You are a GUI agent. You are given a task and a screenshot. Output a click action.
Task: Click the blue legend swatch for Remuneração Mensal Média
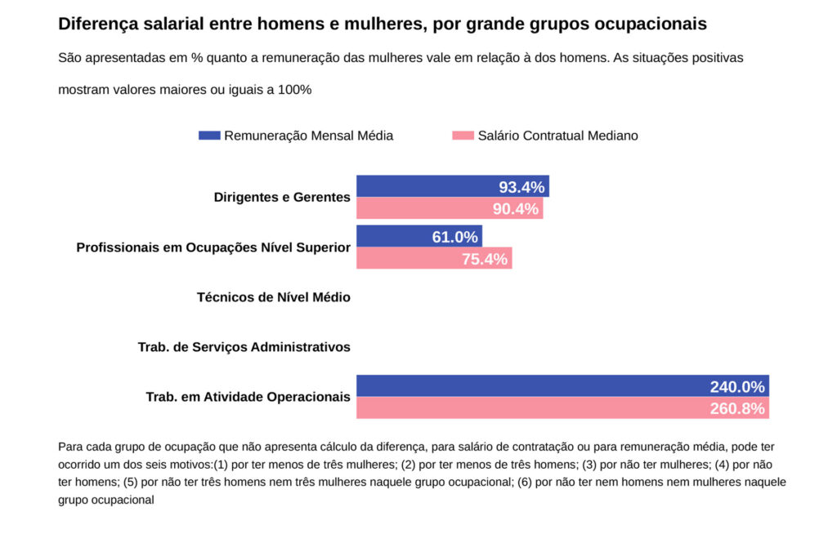[209, 136]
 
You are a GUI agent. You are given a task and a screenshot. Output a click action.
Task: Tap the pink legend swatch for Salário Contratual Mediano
[463, 136]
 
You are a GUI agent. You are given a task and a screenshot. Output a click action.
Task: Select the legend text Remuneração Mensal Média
[308, 136]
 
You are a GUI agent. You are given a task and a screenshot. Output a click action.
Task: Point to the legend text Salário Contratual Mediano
[557, 136]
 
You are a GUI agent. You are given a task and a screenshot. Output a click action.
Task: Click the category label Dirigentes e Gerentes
[282, 197]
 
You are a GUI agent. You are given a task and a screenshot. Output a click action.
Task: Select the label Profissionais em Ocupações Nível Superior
[213, 247]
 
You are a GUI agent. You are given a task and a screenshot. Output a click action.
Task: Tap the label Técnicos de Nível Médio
[274, 297]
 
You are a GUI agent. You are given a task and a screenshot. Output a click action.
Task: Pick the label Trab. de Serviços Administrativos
[244, 347]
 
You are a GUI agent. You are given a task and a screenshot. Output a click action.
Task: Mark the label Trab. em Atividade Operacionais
[248, 397]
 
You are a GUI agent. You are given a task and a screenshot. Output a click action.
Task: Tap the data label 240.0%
[737, 387]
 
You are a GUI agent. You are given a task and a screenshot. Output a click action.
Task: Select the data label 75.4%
[485, 260]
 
